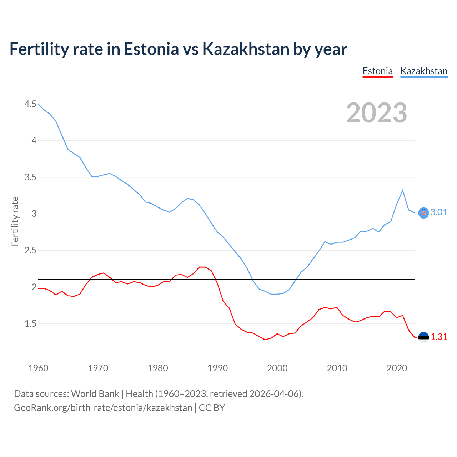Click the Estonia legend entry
377,71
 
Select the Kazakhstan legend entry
424,71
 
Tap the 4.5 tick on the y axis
30,104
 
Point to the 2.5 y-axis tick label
30,251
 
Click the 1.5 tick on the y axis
30,324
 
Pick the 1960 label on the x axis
38,368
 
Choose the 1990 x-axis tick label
217,368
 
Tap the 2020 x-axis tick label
397,368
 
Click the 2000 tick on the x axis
277,368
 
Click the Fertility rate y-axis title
15,221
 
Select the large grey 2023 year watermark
376,113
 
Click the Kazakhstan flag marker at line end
423,213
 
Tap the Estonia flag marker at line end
423,337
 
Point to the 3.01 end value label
439,212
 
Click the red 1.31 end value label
439,337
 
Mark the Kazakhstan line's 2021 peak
403,190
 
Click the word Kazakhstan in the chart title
246,49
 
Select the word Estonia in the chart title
151,49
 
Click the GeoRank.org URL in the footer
103,408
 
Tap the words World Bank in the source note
95,394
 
